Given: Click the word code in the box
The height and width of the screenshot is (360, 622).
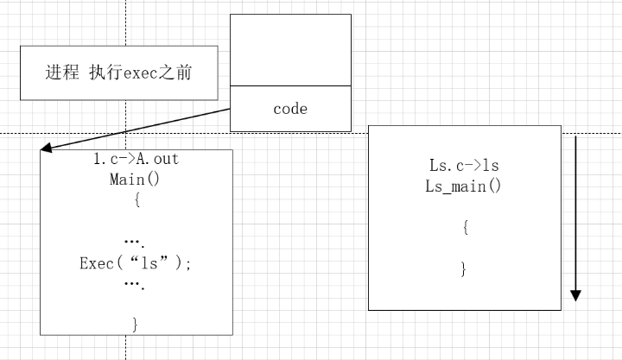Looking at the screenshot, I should click(290, 109).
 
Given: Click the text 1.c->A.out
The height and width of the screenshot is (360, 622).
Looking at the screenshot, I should click(136, 160).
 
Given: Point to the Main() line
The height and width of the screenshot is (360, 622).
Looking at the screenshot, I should click(136, 180).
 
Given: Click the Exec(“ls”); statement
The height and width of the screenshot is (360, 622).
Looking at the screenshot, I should click(136, 263).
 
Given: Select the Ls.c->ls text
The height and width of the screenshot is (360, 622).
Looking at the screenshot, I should click(464, 165).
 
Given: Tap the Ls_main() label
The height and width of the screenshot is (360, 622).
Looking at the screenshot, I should click(464, 186).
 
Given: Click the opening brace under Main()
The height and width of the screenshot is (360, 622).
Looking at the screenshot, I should click(136, 201).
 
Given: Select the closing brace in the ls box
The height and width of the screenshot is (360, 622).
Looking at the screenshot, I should click(464, 269).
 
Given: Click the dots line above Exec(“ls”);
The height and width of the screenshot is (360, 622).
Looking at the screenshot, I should click(134, 242).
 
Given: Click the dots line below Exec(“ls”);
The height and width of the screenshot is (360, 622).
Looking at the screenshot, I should click(134, 283).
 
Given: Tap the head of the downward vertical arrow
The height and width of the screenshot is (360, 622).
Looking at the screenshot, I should click(576, 296).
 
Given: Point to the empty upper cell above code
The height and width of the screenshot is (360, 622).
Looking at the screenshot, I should click(290, 50).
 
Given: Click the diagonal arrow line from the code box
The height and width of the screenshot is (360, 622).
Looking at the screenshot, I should click(138, 129).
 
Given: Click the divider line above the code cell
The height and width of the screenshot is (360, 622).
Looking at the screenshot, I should click(290, 86).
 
